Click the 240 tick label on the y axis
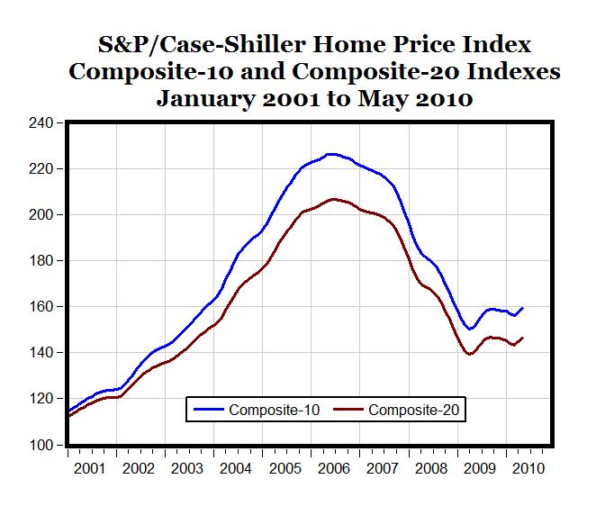click(x=41, y=122)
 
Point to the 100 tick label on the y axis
click(x=41, y=445)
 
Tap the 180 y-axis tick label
click(x=41, y=261)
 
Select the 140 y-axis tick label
click(x=41, y=353)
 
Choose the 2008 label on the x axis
click(x=429, y=468)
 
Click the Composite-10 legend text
click(x=272, y=411)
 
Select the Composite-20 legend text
click(x=417, y=411)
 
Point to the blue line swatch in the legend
click(x=209, y=411)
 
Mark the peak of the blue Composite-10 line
click(x=331, y=154)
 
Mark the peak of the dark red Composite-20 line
click(x=333, y=199)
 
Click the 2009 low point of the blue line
click(x=470, y=330)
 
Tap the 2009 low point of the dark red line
click(x=469, y=355)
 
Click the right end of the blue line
click(x=523, y=308)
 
